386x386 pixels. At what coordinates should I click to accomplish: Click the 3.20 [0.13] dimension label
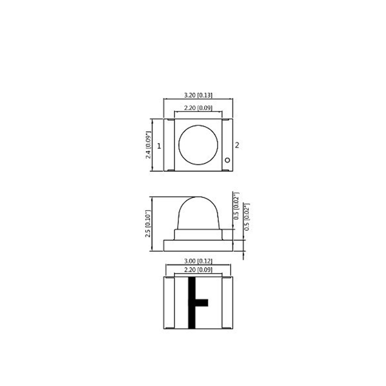198,95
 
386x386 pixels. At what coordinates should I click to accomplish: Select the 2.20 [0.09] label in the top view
198,109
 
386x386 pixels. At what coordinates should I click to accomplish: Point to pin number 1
159,145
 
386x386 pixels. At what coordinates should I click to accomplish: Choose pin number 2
237,145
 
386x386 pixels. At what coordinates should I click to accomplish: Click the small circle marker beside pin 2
228,160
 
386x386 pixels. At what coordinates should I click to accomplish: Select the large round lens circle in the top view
198,144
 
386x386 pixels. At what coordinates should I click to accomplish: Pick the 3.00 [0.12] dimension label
198,261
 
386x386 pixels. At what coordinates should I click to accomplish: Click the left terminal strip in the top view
169,145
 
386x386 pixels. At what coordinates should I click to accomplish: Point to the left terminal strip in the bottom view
169,303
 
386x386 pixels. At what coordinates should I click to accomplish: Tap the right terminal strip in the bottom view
228,303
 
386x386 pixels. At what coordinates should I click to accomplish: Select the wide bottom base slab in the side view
198,245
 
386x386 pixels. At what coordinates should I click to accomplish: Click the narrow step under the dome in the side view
198,234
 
